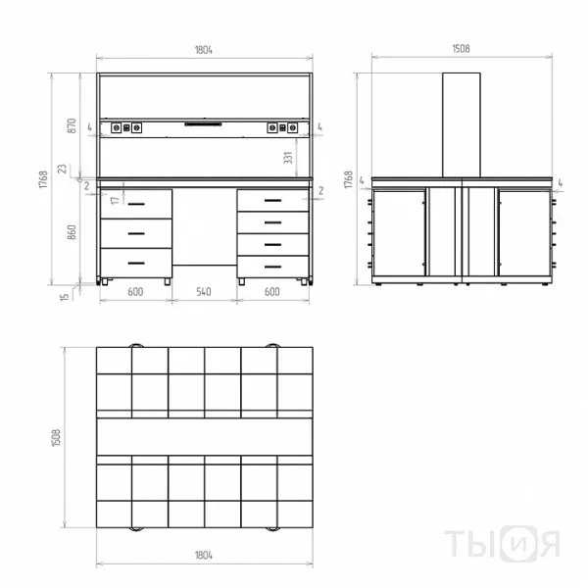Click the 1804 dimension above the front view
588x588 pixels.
point(204,50)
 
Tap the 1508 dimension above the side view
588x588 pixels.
point(461,49)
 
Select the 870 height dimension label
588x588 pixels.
point(72,125)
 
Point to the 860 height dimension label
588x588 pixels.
point(72,232)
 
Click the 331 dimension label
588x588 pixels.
point(287,158)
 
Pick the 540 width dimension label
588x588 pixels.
point(204,292)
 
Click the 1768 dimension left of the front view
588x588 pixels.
point(43,179)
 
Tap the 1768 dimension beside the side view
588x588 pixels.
point(349,179)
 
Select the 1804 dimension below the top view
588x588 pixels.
point(204,555)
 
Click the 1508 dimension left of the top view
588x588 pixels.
point(56,438)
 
